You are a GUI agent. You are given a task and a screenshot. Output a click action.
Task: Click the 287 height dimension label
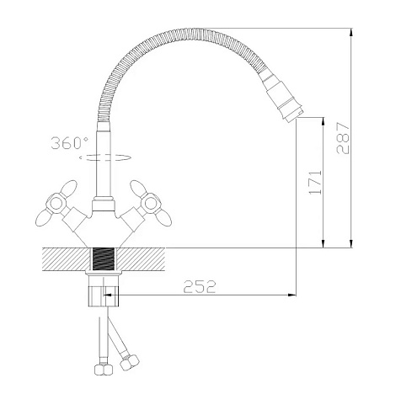[x=343, y=138]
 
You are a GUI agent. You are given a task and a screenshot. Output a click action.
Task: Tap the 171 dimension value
[x=315, y=182]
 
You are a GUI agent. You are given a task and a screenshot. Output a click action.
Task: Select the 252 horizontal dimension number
[x=200, y=286]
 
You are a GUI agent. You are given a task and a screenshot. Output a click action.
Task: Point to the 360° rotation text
[x=69, y=143]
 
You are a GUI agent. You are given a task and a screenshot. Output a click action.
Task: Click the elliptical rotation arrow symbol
[x=105, y=157]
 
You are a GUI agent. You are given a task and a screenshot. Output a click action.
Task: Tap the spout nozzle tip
[x=294, y=115]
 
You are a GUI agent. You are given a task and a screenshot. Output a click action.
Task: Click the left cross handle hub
[x=56, y=204]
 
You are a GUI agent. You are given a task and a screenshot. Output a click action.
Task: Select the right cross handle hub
[x=151, y=203]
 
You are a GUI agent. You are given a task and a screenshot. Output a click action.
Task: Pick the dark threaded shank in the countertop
[x=103, y=259]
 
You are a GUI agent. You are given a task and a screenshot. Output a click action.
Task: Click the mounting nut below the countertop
[x=104, y=291]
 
